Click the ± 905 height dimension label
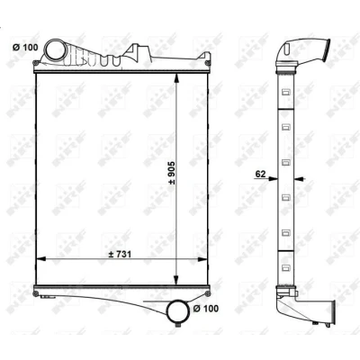click(x=172, y=173)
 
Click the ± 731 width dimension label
click(x=120, y=254)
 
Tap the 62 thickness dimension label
click(x=260, y=174)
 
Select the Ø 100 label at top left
click(x=25, y=47)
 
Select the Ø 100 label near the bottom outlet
click(x=206, y=308)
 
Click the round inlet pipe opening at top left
click(x=56, y=50)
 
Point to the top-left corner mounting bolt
click(x=35, y=63)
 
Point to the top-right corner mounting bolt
click(x=208, y=63)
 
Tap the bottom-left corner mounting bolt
click(x=36, y=293)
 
